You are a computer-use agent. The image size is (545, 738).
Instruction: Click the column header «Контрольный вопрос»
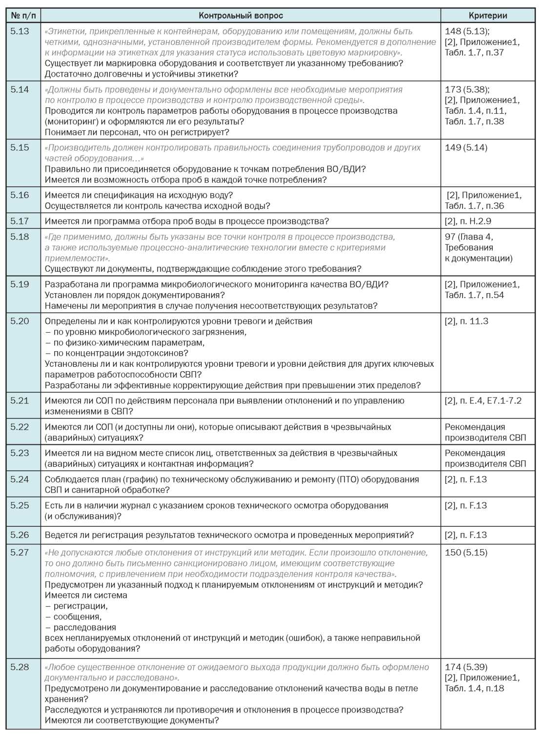(x=241, y=16)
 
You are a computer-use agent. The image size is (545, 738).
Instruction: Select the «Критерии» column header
(x=487, y=16)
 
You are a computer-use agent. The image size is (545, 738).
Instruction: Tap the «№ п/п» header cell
(x=23, y=16)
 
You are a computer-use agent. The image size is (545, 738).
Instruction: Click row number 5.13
(x=20, y=31)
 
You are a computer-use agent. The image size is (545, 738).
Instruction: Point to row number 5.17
(x=20, y=221)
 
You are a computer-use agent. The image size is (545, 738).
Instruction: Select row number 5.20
(x=20, y=321)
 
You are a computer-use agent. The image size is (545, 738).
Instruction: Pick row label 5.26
(x=20, y=535)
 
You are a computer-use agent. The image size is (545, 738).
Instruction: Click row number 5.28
(x=20, y=667)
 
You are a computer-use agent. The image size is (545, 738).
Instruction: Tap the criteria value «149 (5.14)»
(x=466, y=148)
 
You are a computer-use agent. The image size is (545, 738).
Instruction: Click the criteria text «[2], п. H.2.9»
(x=468, y=221)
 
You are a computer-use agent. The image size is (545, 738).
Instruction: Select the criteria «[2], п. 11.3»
(x=466, y=321)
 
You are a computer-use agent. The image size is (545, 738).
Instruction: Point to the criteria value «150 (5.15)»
(x=466, y=552)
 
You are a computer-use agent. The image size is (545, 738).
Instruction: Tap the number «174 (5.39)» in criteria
(x=466, y=667)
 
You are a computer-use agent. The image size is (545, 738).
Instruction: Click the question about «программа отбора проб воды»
(x=187, y=221)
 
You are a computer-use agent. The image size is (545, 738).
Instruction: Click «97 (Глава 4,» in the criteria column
(x=469, y=237)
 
